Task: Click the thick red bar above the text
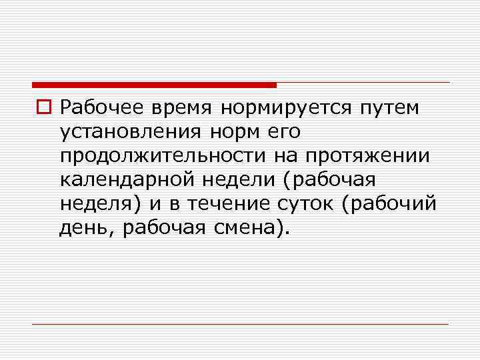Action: point(154,85)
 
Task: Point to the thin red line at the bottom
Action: point(240,324)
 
